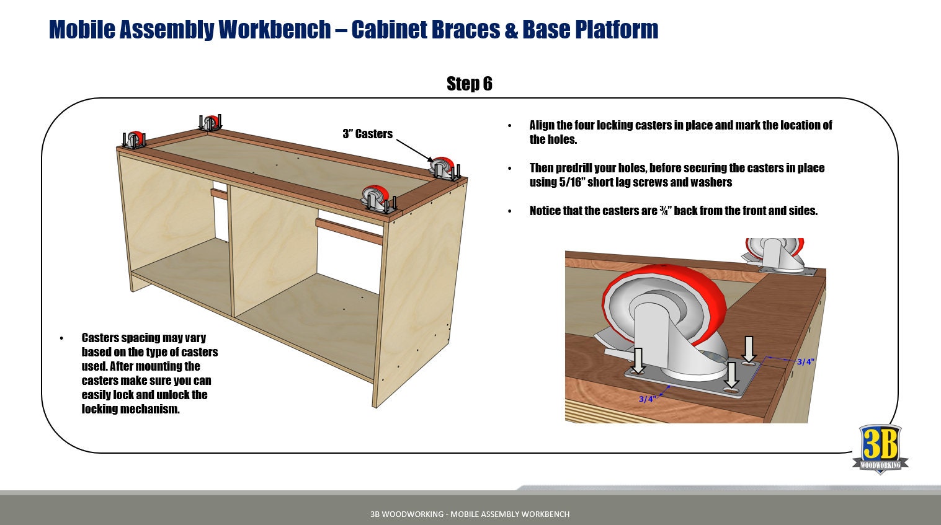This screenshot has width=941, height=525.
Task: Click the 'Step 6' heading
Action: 469,84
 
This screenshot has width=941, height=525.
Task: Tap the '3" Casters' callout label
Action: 367,134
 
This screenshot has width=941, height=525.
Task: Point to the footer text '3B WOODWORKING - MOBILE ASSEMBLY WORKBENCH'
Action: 470,514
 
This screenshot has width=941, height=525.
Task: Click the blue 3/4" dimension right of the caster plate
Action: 805,362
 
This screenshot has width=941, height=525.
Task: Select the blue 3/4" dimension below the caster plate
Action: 646,399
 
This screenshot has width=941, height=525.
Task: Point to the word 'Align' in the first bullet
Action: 542,125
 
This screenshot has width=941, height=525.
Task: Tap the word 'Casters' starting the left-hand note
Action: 100,338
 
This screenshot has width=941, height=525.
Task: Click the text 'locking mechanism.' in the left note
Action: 130,409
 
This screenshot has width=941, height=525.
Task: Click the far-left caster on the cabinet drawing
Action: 135,140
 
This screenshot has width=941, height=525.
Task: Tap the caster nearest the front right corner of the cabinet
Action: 377,198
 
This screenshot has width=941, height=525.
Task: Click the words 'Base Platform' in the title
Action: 590,29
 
